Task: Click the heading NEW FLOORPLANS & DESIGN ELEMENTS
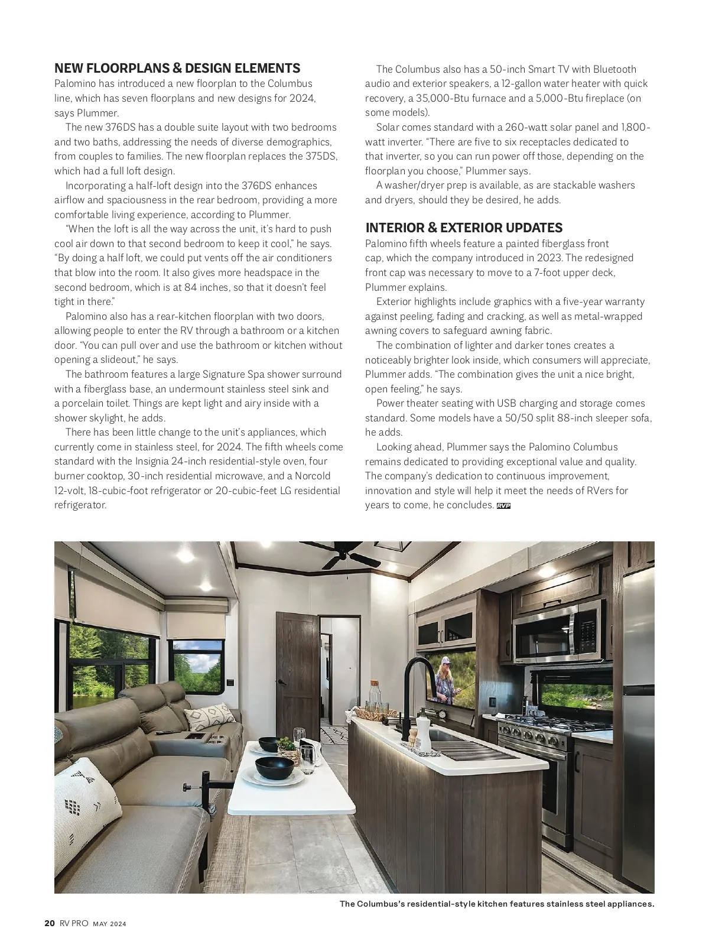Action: click(177, 69)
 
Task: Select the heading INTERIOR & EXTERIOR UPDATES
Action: click(464, 228)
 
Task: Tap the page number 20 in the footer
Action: click(50, 924)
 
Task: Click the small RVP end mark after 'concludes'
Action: click(503, 506)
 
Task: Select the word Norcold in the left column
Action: click(313, 476)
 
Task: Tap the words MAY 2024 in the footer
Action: click(109, 924)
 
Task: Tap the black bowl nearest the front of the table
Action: click(274, 767)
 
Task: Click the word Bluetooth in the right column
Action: click(614, 70)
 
